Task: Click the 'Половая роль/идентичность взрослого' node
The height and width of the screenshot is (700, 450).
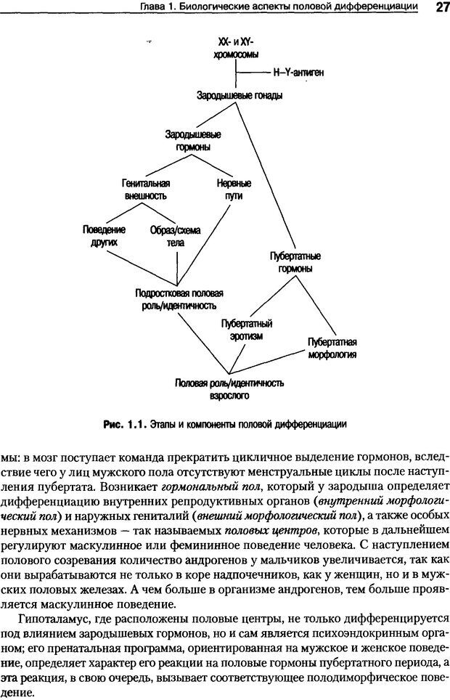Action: pyautogui.click(x=229, y=389)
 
